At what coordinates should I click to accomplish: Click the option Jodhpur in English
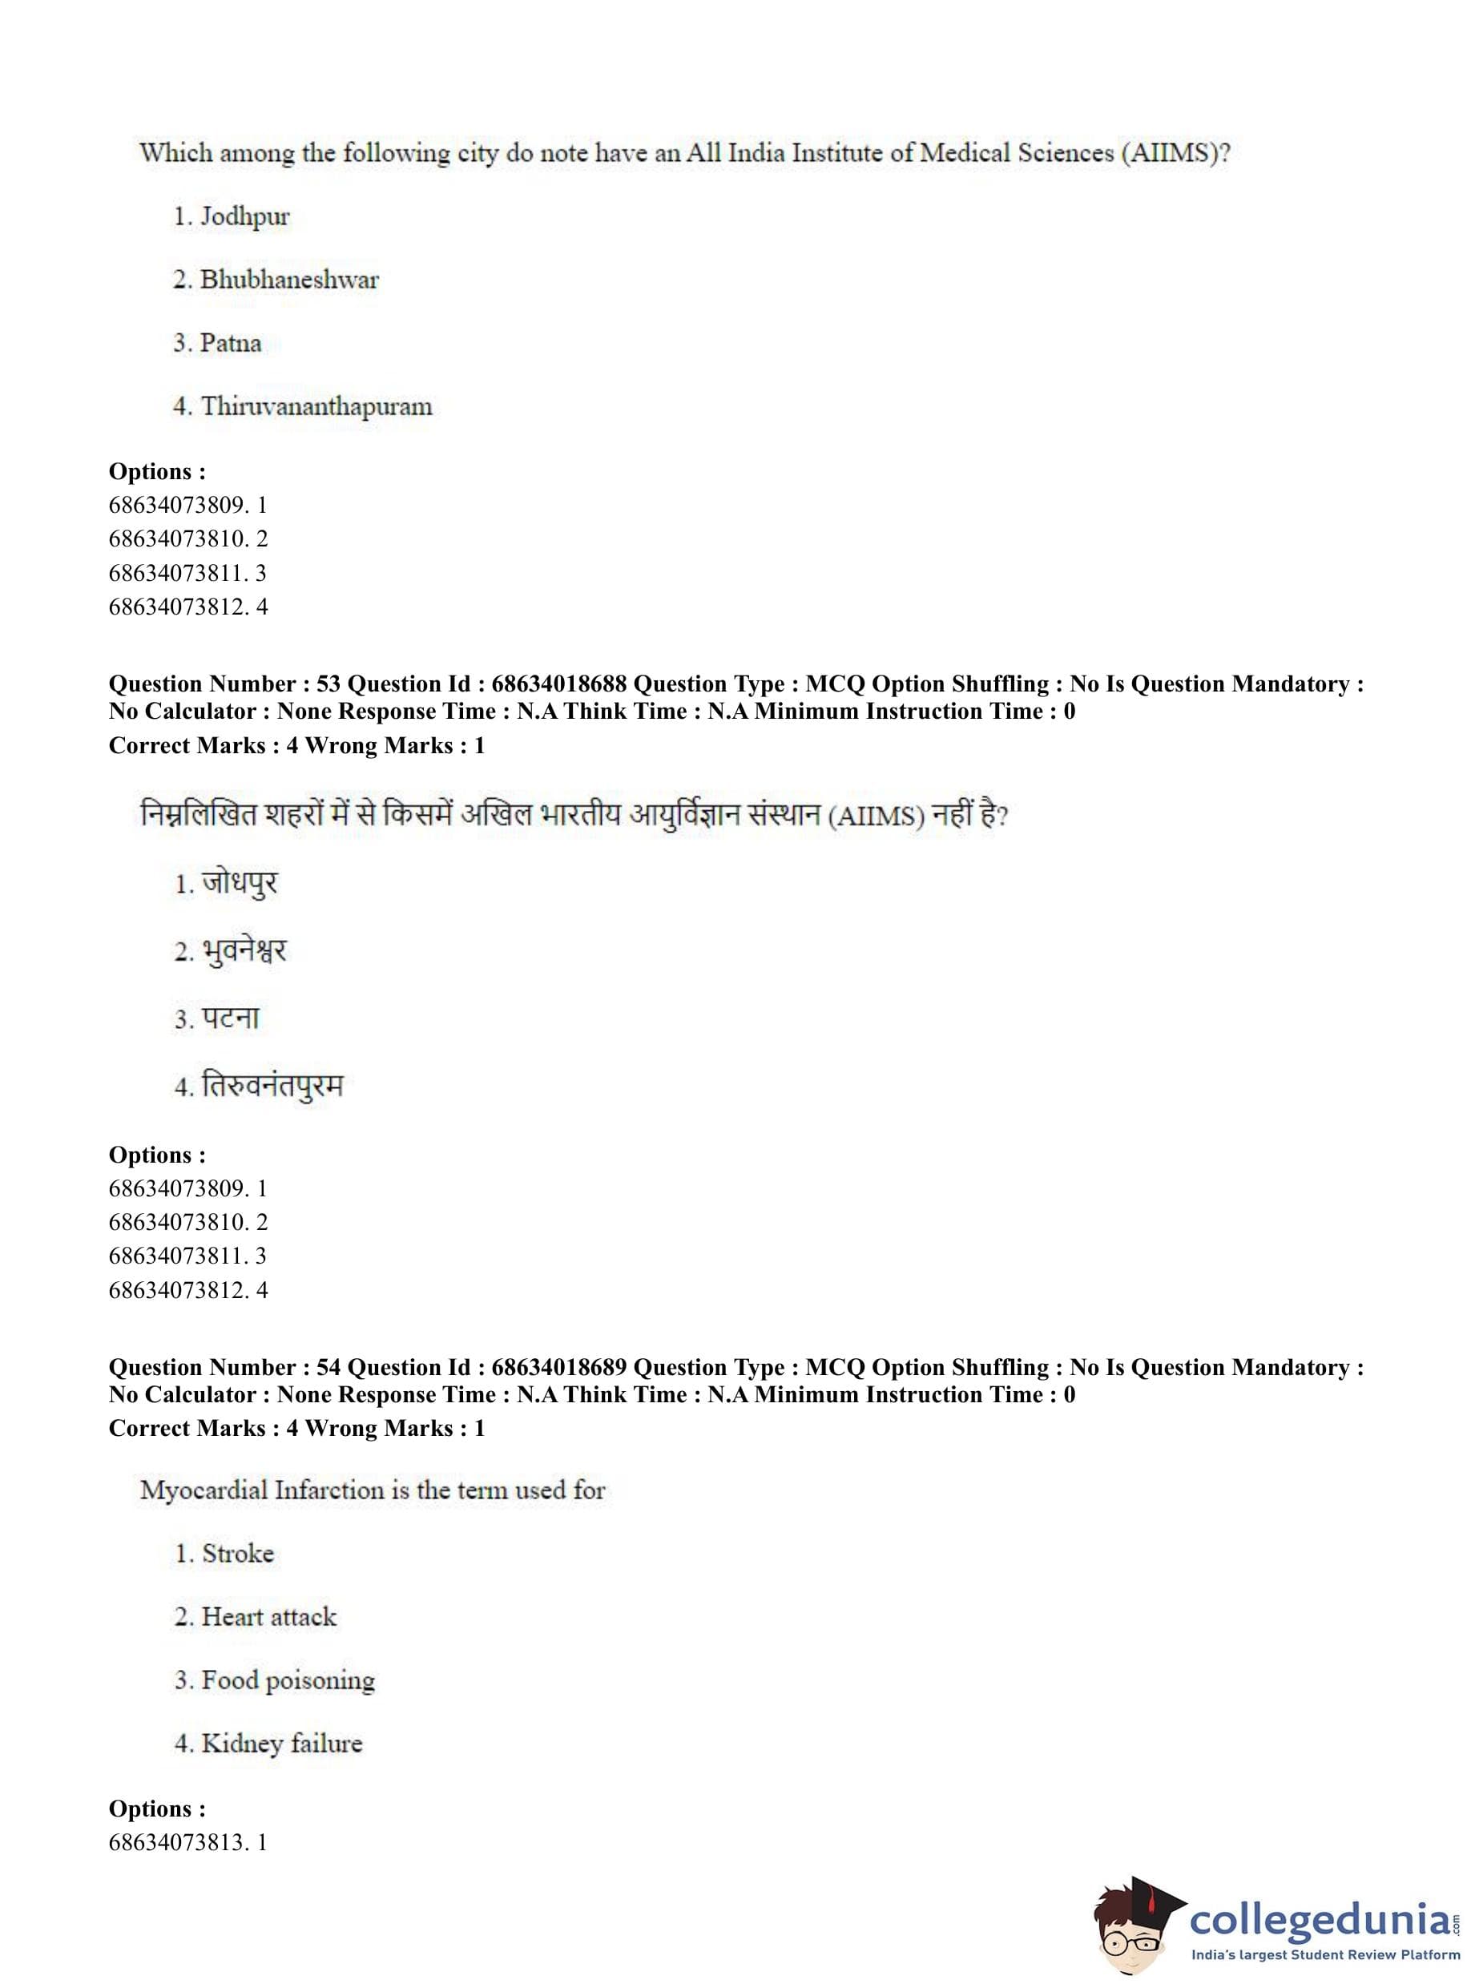click(244, 216)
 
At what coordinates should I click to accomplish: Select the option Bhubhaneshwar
click(288, 280)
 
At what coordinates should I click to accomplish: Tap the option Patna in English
click(230, 343)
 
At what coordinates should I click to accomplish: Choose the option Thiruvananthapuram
click(316, 406)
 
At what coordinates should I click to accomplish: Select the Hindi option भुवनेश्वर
click(243, 950)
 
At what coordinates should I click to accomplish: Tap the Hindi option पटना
click(230, 1018)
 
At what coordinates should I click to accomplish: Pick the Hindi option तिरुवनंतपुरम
click(272, 1086)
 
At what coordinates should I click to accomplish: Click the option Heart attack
click(269, 1616)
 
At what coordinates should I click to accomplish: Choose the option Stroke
click(237, 1553)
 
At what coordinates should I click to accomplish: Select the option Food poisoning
click(288, 1680)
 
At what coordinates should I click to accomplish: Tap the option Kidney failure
click(281, 1743)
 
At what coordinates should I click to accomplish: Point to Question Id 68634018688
click(558, 684)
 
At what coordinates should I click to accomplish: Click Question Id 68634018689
click(558, 1367)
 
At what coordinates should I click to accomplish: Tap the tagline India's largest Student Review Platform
click(1325, 1955)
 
